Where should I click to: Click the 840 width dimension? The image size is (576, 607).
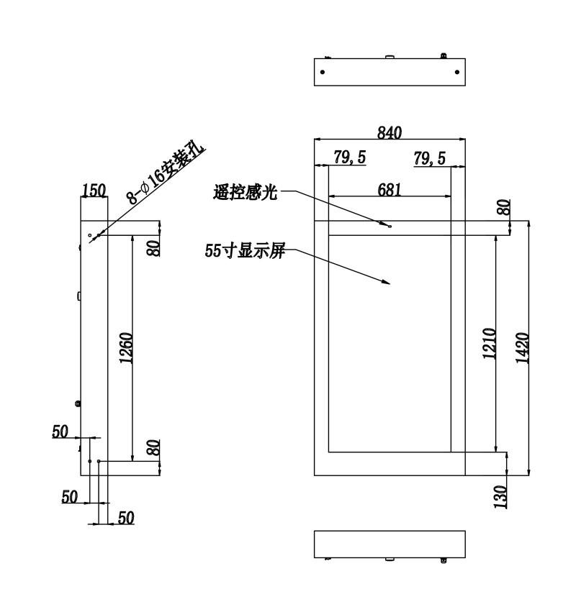390,133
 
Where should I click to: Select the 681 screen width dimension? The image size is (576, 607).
390,190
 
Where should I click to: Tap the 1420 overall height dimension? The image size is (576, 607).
522,347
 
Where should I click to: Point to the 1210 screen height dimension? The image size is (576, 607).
489,343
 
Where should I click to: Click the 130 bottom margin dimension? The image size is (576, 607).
500,497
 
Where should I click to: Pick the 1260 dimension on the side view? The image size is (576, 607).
125,347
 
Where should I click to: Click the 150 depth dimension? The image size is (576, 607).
94,190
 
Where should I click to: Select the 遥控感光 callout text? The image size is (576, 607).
246,192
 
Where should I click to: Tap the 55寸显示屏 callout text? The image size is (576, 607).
245,251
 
